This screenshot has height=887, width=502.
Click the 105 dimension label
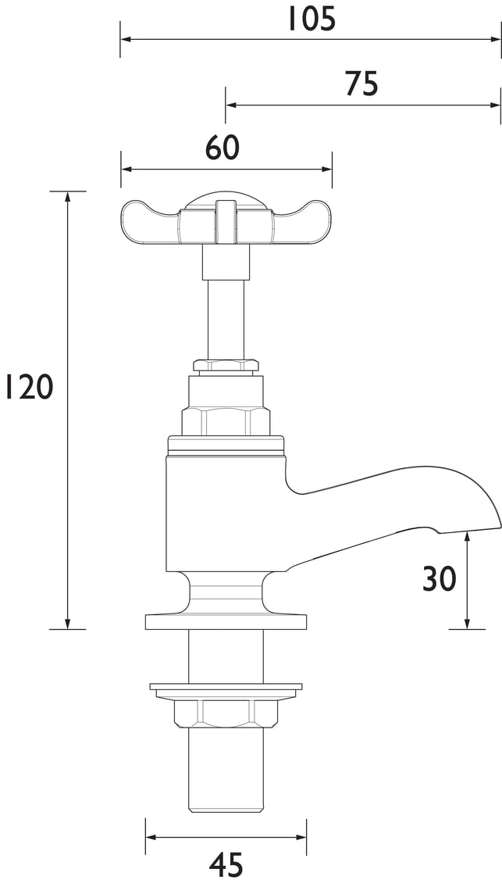point(312,20)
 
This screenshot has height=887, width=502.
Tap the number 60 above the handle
point(223,148)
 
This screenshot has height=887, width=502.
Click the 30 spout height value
point(440,579)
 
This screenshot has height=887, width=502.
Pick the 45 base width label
point(226,865)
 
